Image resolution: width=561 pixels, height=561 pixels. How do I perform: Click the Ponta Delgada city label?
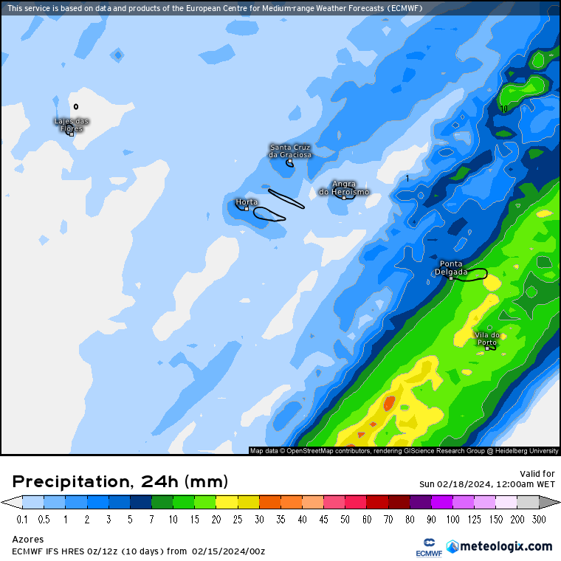point(451,267)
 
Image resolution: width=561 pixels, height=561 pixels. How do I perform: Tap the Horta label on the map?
point(247,202)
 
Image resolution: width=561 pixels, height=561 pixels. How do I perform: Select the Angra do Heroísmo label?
point(344,187)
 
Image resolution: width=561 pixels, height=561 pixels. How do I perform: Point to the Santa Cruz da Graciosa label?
point(290,151)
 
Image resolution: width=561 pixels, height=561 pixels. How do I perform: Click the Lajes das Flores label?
point(72,125)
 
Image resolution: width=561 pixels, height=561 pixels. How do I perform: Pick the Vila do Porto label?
point(487,338)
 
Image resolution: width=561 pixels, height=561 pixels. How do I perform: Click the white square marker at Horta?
point(247,208)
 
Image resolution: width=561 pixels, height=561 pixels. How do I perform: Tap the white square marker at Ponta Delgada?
point(451,278)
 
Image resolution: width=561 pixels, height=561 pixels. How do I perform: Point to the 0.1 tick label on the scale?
point(22,520)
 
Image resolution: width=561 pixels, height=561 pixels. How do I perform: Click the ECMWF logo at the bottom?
point(428,547)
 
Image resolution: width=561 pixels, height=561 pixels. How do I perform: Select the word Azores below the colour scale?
point(28,539)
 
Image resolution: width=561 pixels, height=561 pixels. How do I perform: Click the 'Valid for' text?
point(537,474)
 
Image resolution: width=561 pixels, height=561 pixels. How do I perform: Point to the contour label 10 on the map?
point(504,109)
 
